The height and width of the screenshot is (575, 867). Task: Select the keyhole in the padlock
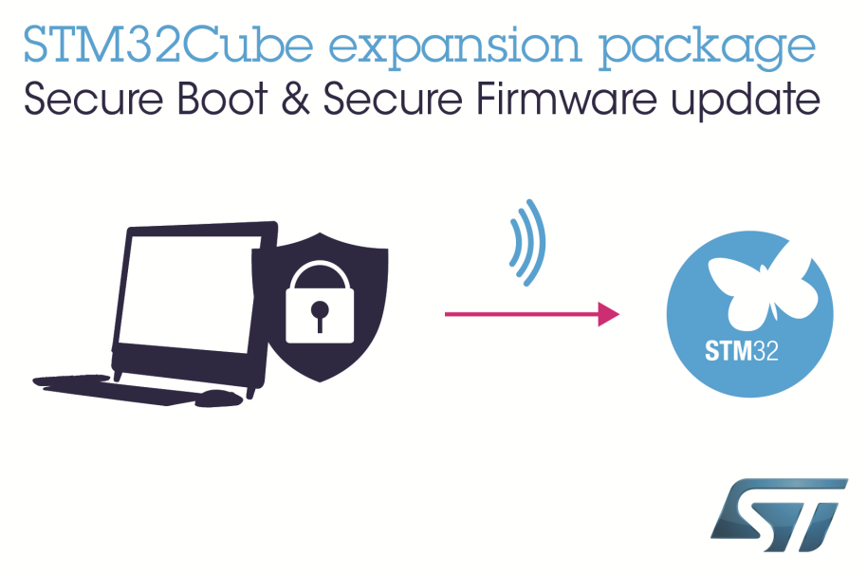coord(320,313)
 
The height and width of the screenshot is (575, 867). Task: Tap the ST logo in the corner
coord(778,516)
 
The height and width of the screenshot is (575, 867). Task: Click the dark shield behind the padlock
coord(365,275)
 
